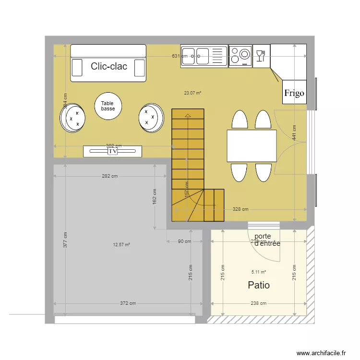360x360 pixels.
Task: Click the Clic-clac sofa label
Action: point(109,66)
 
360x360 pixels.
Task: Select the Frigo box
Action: point(294,93)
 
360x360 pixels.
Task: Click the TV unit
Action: point(113,151)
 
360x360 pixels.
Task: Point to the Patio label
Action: point(259,285)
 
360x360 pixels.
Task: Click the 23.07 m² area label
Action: point(192,93)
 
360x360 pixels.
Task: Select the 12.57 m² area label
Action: point(121,245)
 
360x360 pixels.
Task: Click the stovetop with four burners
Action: point(240,55)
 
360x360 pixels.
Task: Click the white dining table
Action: point(252,146)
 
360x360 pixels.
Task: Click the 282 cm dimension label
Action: point(109,176)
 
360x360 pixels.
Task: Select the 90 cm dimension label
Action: point(184,241)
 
